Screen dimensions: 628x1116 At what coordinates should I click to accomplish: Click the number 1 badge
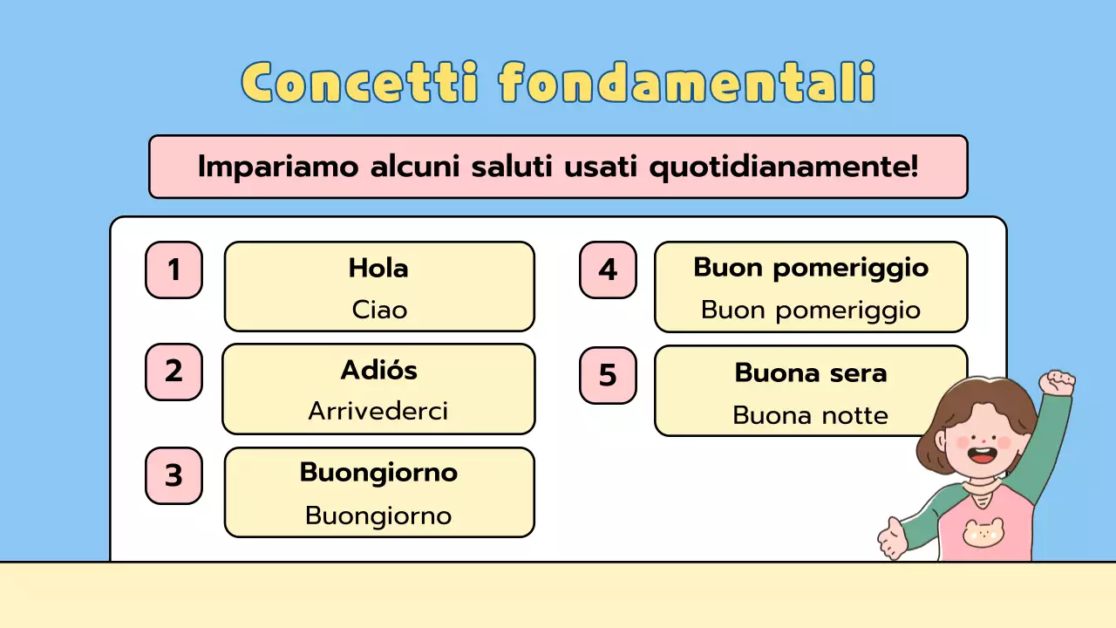click(x=174, y=270)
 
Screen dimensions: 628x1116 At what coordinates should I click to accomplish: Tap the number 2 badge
click(x=174, y=372)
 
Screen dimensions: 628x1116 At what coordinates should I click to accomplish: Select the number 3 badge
click(x=174, y=475)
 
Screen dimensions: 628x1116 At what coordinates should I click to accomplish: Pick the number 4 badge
click(x=608, y=270)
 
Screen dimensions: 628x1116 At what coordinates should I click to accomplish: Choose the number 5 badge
click(x=608, y=375)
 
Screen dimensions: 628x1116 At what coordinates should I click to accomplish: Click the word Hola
click(x=378, y=268)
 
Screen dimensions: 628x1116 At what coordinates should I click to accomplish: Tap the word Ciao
click(x=379, y=310)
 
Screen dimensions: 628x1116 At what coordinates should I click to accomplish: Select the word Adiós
click(x=378, y=370)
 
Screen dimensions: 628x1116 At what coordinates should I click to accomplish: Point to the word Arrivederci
click(x=378, y=411)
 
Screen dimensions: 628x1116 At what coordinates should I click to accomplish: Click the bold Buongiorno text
click(x=378, y=472)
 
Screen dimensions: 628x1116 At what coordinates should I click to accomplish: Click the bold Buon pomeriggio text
click(x=811, y=268)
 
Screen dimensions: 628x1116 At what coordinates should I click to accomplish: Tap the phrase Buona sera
click(x=811, y=372)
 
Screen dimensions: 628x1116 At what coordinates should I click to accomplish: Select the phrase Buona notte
click(x=810, y=415)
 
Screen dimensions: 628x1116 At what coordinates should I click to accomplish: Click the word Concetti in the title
click(x=360, y=84)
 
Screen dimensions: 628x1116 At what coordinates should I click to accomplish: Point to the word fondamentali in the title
click(x=687, y=84)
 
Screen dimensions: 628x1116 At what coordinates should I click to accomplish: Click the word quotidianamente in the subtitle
click(x=784, y=166)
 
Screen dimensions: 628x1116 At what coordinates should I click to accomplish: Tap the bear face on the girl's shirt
click(x=983, y=531)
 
